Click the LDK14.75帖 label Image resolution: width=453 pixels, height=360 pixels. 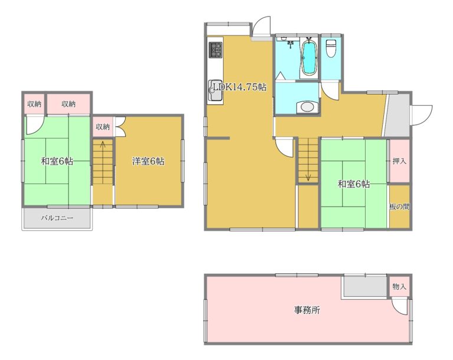pyautogui.click(x=240, y=87)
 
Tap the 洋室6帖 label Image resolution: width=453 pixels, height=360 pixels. pyautogui.click(x=149, y=161)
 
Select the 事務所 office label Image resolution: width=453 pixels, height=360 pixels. pyautogui.click(x=307, y=310)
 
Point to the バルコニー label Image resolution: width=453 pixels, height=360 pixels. pyautogui.click(x=57, y=218)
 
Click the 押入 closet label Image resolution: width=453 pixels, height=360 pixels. pyautogui.click(x=399, y=161)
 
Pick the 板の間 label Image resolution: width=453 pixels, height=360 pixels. pyautogui.click(x=399, y=207)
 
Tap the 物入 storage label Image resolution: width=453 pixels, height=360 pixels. pyautogui.click(x=399, y=287)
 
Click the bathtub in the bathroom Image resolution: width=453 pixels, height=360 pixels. pyautogui.click(x=308, y=58)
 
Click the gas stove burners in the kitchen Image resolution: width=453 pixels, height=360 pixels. pyautogui.click(x=216, y=50)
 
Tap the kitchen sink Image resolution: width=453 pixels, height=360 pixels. pyautogui.click(x=215, y=90)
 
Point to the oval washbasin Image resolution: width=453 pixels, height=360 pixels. pyautogui.click(x=307, y=107)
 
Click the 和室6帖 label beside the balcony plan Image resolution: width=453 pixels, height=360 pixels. pyautogui.click(x=57, y=161)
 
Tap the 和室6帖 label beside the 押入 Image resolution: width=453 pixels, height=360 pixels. pyautogui.click(x=354, y=184)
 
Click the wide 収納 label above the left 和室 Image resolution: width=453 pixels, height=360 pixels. pyautogui.click(x=68, y=104)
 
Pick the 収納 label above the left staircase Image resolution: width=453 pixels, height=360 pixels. pyautogui.click(x=103, y=126)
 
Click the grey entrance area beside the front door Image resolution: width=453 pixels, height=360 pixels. pyautogui.click(x=397, y=115)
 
